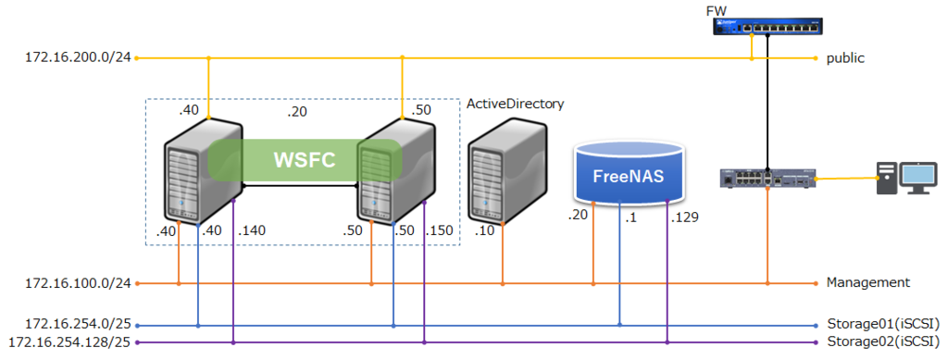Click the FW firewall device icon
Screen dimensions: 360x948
coord(767,26)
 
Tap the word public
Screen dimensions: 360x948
coord(845,58)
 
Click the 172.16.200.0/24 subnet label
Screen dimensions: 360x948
coord(78,58)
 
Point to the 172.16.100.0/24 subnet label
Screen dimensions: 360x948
coord(78,282)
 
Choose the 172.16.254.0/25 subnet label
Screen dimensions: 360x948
coord(78,325)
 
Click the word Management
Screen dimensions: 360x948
coord(868,282)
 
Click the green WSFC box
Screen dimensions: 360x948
coord(305,159)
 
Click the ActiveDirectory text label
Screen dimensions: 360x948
coord(515,104)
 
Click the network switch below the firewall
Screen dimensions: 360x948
coord(768,178)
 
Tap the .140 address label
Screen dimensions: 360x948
coord(252,230)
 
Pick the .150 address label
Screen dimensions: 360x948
coord(441,230)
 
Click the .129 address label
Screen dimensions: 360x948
coord(684,217)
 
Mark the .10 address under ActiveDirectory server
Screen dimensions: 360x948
coord(484,230)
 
